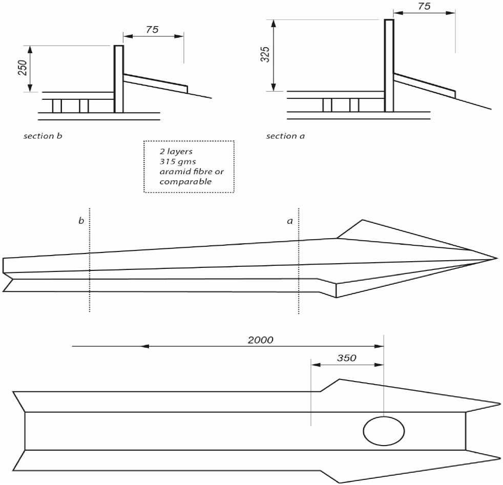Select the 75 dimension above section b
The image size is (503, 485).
[152, 30]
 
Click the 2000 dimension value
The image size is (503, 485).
[261, 340]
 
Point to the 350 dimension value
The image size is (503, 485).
[347, 358]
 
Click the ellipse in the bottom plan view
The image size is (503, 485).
[384, 431]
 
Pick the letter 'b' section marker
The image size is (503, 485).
[81, 221]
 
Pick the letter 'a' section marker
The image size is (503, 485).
[290, 221]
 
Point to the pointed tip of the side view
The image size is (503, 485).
[496, 258]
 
